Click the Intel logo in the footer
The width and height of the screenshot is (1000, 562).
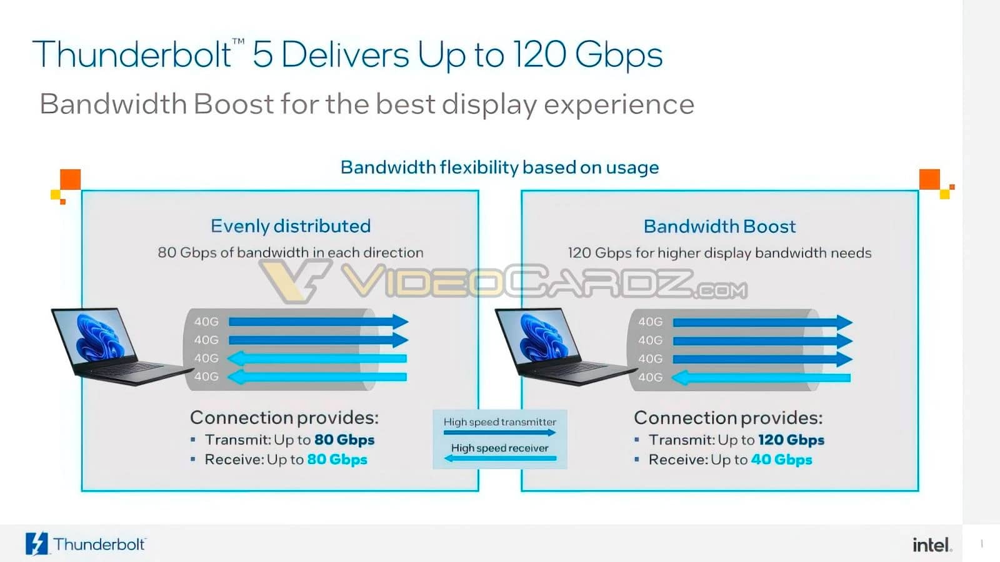[x=932, y=545]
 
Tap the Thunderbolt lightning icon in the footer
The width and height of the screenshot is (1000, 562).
[x=37, y=544]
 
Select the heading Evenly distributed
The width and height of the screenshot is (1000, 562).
[x=291, y=226]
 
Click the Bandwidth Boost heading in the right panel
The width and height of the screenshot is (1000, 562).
[x=719, y=227]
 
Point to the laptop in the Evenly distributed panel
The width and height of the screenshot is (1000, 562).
[x=121, y=346]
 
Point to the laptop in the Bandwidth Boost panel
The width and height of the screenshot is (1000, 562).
[x=566, y=346]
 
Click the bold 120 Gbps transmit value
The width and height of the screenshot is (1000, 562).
[x=791, y=440]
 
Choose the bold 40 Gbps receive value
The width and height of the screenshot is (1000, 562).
[x=782, y=460]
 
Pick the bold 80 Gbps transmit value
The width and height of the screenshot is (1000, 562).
[x=344, y=440]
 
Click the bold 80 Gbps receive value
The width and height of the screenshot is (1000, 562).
[x=337, y=460]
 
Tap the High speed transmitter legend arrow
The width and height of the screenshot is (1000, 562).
[x=499, y=432]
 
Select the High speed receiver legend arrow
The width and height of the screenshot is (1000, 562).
[x=501, y=458]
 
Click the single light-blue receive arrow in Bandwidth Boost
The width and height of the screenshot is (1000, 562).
[x=761, y=378]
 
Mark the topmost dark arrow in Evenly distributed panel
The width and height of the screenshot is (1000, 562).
[x=319, y=322]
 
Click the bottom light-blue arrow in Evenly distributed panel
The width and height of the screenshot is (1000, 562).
[x=317, y=377]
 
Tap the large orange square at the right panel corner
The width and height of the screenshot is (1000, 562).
[x=929, y=179]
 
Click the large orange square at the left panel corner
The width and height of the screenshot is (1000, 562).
[x=71, y=179]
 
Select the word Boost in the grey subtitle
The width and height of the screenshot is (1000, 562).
[x=234, y=104]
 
